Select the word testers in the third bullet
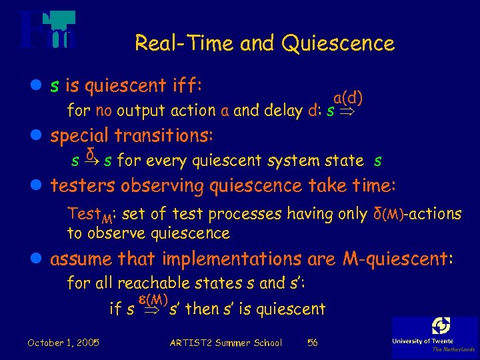click(x=81, y=185)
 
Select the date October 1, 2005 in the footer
click(x=63, y=343)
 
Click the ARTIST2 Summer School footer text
click(x=226, y=343)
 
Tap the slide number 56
click(x=312, y=343)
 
